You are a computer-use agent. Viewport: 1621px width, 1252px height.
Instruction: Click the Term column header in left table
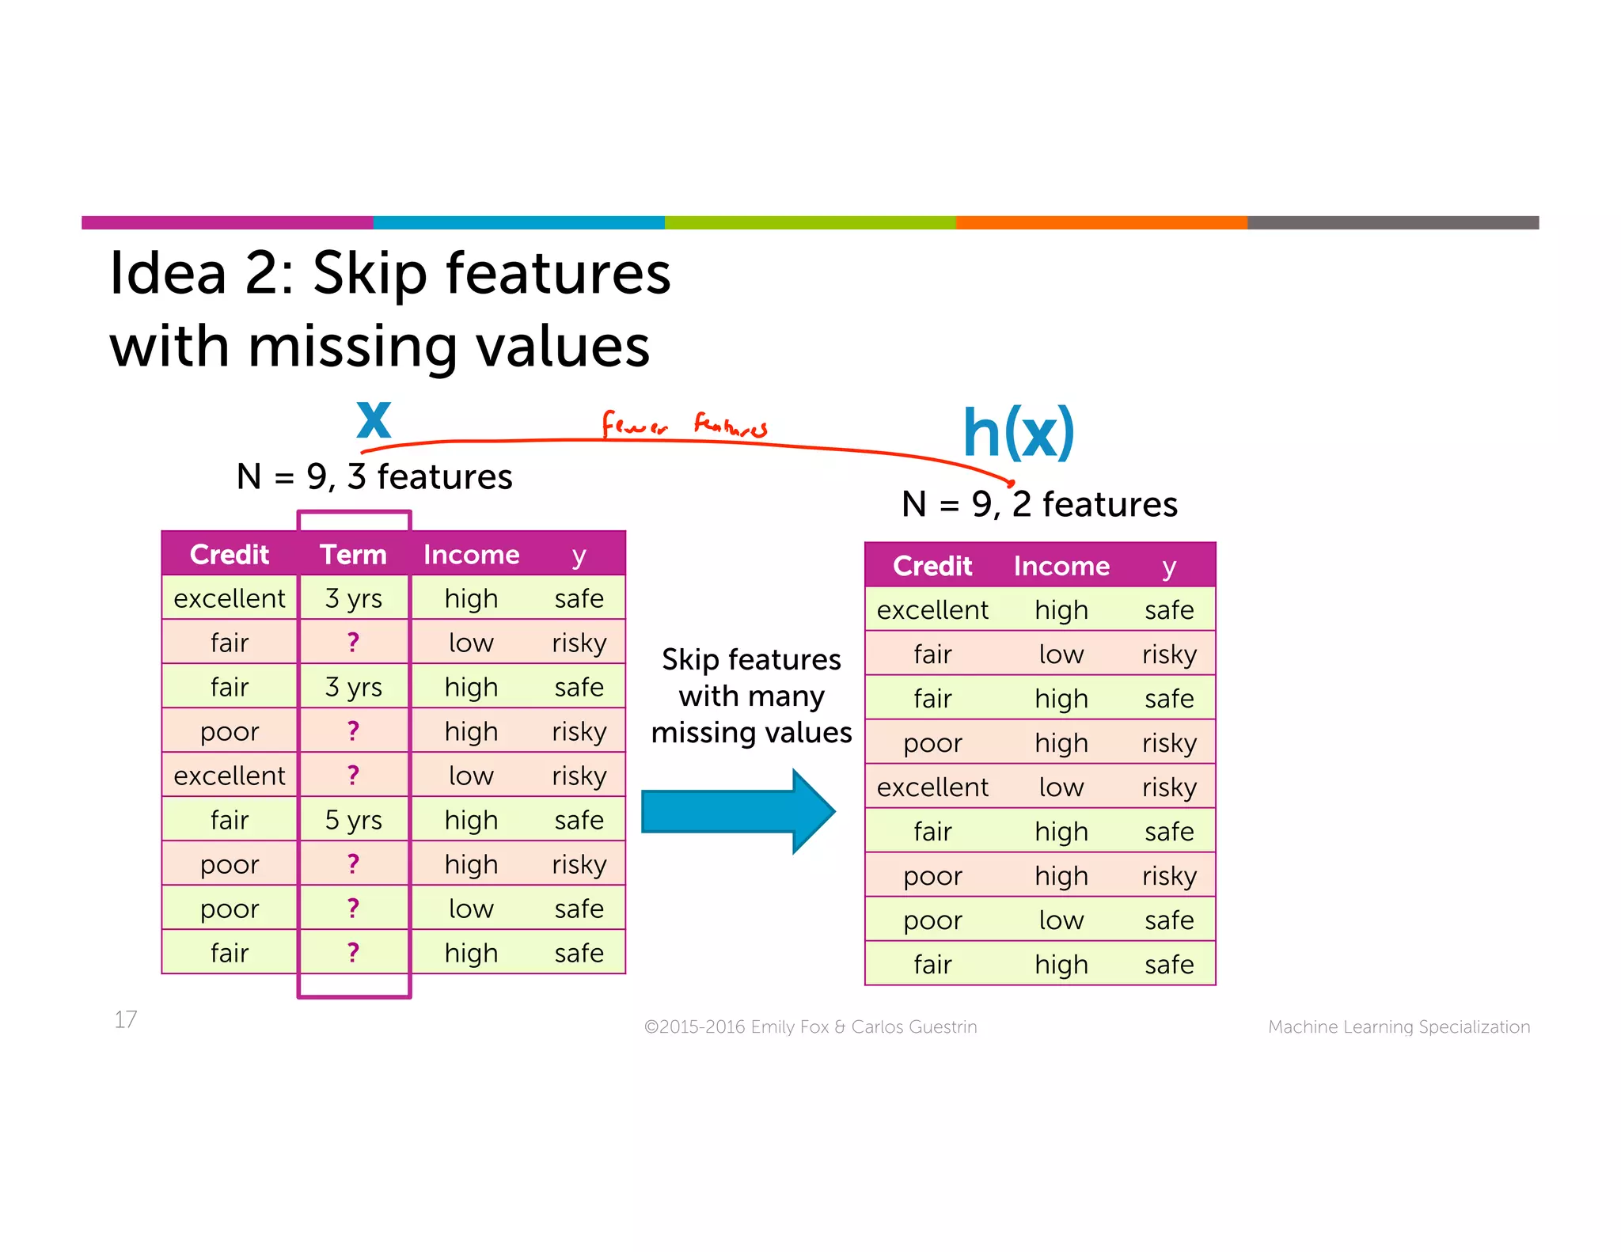[x=353, y=554]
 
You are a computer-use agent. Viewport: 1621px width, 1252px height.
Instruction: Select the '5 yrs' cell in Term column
[x=353, y=820]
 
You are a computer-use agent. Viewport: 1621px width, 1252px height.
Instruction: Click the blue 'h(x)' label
[x=1018, y=433]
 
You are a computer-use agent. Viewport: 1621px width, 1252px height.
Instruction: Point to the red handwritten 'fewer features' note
[x=684, y=425]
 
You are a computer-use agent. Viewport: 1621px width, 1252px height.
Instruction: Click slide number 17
[x=126, y=1019]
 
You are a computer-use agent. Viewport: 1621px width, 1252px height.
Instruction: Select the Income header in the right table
[x=1061, y=566]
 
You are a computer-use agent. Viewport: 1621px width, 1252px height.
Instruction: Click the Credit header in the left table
[x=230, y=554]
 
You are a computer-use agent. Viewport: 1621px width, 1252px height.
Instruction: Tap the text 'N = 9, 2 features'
[x=1039, y=504]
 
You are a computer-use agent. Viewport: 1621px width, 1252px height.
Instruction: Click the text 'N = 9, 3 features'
[x=374, y=476]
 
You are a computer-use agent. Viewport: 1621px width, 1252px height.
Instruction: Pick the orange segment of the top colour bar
[x=1101, y=222]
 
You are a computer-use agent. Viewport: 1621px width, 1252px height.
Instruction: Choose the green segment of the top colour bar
[x=810, y=222]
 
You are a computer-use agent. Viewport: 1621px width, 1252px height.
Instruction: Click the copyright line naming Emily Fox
[x=810, y=1026]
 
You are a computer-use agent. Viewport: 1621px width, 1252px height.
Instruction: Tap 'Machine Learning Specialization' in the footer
[x=1399, y=1026]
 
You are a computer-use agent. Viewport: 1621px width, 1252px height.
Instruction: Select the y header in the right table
[x=1169, y=566]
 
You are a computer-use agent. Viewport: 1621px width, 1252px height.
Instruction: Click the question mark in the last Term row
[x=353, y=952]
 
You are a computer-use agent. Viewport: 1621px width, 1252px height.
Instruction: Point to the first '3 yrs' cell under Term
[x=353, y=598]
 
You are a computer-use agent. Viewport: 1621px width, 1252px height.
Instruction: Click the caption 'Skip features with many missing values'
[x=751, y=696]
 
